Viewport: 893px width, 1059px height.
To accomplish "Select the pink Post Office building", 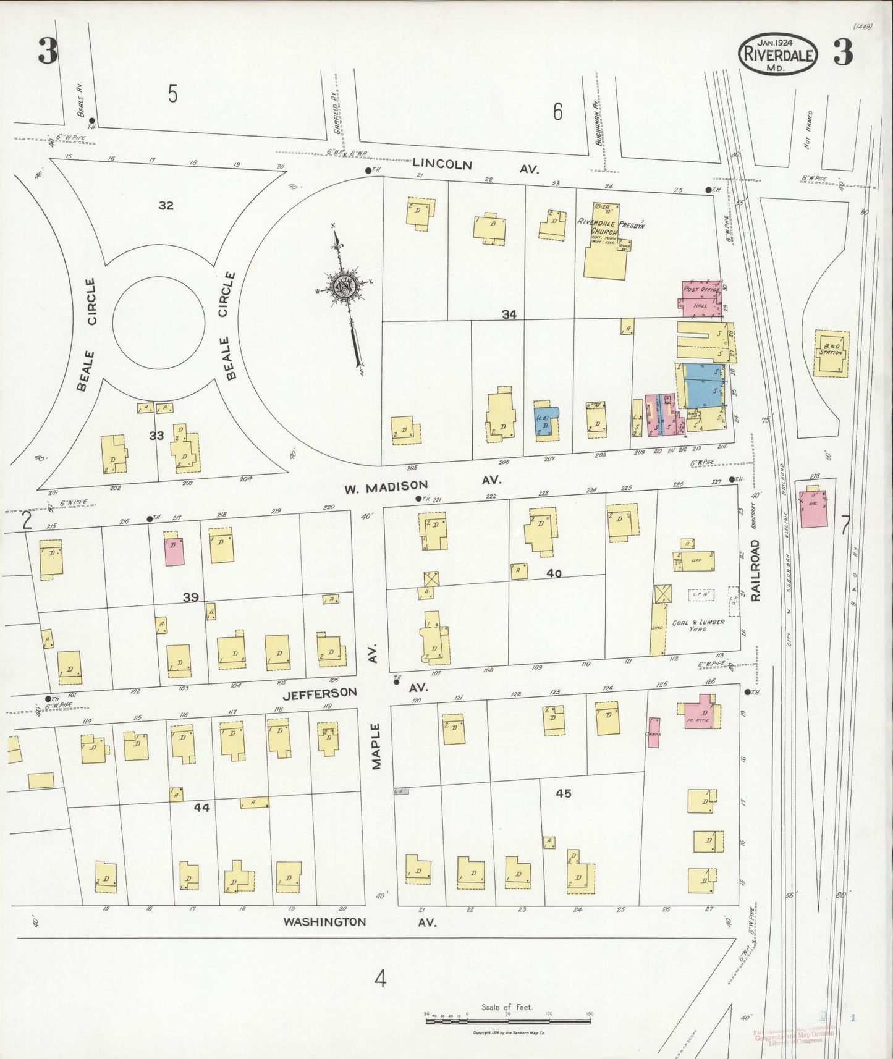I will point(701,290).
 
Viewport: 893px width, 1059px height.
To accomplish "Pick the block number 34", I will point(509,314).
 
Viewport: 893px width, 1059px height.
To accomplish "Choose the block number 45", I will point(562,793).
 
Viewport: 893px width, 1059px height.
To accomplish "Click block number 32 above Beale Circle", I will point(166,206).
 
